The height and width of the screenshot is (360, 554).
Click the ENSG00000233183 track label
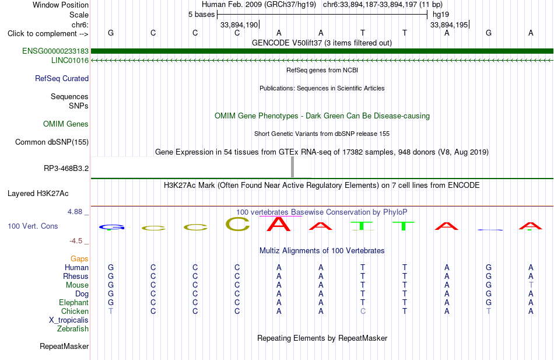55,51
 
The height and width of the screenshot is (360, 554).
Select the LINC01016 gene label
70,60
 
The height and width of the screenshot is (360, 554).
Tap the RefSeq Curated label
62,78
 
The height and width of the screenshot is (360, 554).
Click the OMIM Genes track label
66,124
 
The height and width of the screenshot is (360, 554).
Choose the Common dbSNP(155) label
52,142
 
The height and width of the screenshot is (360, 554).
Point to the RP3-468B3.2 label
66,168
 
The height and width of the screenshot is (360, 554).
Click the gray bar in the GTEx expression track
292,167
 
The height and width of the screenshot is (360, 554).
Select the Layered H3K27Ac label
38,194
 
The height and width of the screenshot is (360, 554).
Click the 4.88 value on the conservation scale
75,211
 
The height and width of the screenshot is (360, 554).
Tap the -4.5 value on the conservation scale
76,241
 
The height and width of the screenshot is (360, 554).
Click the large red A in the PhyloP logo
279,223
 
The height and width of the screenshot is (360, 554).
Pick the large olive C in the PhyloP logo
237,224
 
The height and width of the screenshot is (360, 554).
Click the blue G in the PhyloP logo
111,227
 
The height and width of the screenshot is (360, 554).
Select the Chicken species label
75,311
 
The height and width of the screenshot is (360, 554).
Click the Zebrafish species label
73,328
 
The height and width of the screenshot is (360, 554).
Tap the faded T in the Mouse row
531,285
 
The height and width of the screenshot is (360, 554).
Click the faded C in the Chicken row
363,311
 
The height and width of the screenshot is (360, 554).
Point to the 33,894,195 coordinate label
448,25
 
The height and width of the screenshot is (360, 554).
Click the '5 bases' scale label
201,15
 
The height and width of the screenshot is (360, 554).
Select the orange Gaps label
79,258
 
